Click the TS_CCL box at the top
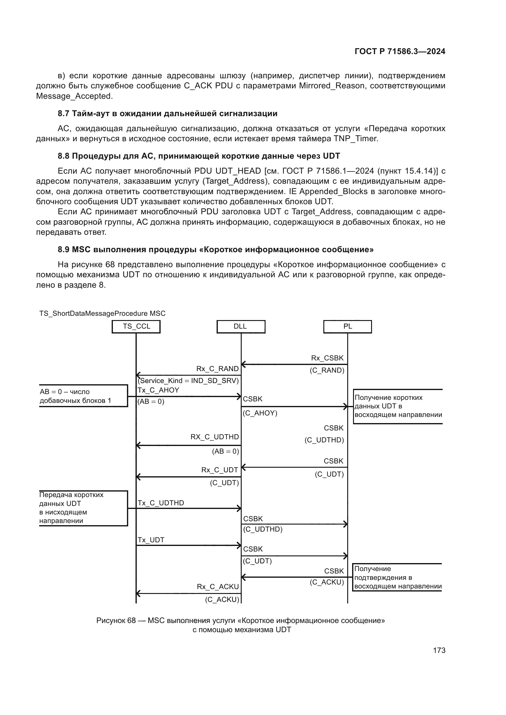136,326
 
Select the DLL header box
240,326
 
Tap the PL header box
348,326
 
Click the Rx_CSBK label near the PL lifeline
327,358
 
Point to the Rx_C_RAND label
217,369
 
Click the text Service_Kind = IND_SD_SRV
188,381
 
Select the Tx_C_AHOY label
158,390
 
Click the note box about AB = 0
83,396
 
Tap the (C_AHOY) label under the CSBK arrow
260,413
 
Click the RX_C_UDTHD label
214,437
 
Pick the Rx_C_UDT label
219,470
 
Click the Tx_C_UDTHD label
161,503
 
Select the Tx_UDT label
151,540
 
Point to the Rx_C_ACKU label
218,587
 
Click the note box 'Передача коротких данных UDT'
83,508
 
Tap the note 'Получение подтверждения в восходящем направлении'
398,577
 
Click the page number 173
439,650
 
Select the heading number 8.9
64,249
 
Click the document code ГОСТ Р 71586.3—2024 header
400,52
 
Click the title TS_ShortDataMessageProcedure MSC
102,313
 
